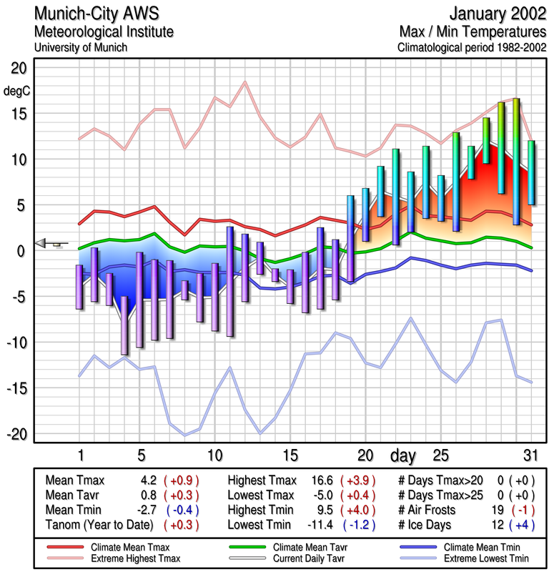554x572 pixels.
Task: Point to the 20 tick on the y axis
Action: (18, 68)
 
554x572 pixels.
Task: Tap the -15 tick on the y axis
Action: (15, 388)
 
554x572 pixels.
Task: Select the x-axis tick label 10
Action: (214, 455)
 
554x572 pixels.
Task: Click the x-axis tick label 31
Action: (530, 455)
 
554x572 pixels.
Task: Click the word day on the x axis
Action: (403, 455)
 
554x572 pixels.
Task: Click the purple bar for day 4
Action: (125, 325)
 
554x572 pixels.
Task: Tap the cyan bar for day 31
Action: (531, 172)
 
